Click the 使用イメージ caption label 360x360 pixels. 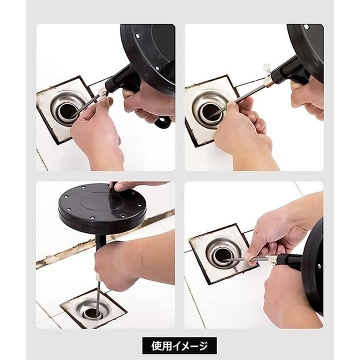pyautogui.click(x=179, y=345)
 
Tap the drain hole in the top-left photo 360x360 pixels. pyautogui.click(x=67, y=111)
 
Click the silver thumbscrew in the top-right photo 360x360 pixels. pyautogui.click(x=266, y=69)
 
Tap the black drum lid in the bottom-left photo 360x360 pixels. pyautogui.click(x=102, y=205)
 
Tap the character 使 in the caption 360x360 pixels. pyautogui.click(x=155, y=346)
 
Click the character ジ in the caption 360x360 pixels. pyautogui.click(x=203, y=346)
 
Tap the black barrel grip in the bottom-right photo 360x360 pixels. pyautogui.click(x=289, y=261)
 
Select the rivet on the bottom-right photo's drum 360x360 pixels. pyautogui.click(x=319, y=266)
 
